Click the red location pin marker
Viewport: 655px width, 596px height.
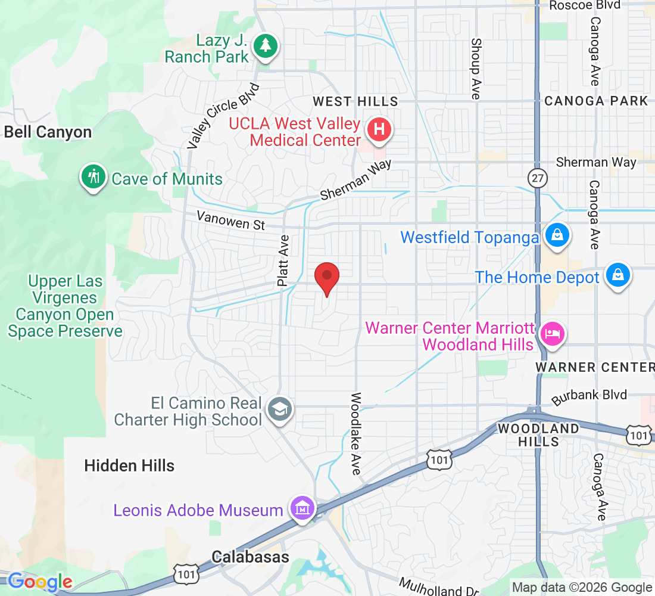pyautogui.click(x=326, y=277)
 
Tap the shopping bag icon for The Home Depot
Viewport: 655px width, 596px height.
pyautogui.click(x=618, y=276)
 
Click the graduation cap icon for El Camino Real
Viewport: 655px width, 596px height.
pyautogui.click(x=278, y=409)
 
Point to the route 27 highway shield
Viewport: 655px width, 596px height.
pyautogui.click(x=537, y=177)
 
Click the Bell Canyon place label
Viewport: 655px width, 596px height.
pyautogui.click(x=48, y=132)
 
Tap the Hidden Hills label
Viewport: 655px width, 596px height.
pyautogui.click(x=129, y=465)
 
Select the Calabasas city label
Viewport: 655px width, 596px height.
pyautogui.click(x=250, y=557)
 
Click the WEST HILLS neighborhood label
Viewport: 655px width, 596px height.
pyautogui.click(x=355, y=101)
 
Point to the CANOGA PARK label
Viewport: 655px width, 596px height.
pyautogui.click(x=595, y=101)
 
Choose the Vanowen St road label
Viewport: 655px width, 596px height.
pyautogui.click(x=231, y=221)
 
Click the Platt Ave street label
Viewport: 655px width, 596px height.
pyautogui.click(x=283, y=260)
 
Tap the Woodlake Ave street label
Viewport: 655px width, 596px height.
pyautogui.click(x=356, y=433)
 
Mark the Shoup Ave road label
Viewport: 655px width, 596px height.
pyautogui.click(x=475, y=69)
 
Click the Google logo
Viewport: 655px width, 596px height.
pyautogui.click(x=40, y=581)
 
